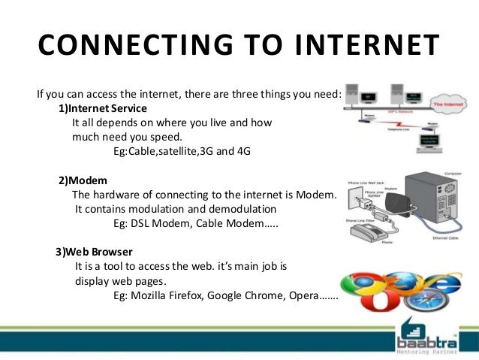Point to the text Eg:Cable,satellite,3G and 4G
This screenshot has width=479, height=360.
pyautogui.click(x=181, y=151)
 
